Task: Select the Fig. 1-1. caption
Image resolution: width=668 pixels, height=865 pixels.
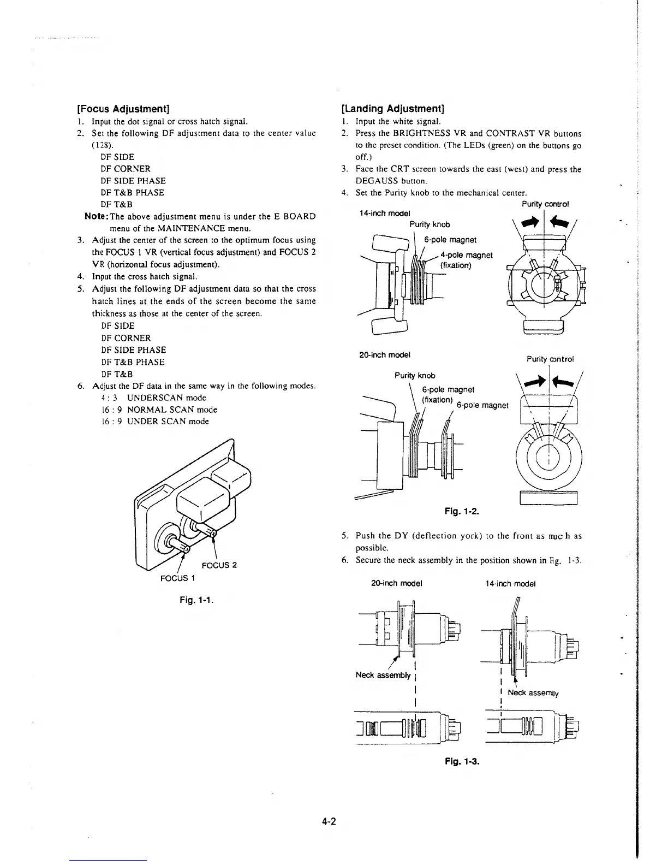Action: (196, 601)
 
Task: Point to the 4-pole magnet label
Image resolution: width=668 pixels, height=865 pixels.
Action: (466, 255)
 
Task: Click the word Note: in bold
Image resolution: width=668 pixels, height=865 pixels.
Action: (98, 216)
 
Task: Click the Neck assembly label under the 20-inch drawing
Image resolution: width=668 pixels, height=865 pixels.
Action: (383, 675)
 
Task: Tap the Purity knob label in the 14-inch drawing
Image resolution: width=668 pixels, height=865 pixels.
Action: (430, 224)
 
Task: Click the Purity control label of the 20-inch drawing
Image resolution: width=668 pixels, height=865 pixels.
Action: (550, 359)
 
